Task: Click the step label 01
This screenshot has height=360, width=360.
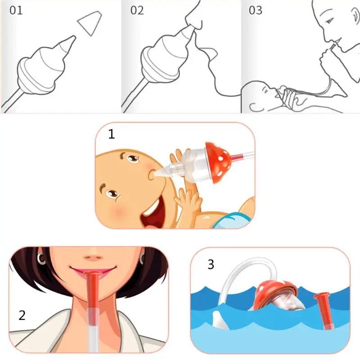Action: (16, 10)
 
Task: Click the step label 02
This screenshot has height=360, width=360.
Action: (137, 10)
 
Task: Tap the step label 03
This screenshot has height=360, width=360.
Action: (256, 10)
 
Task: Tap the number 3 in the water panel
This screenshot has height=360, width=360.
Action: (211, 265)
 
